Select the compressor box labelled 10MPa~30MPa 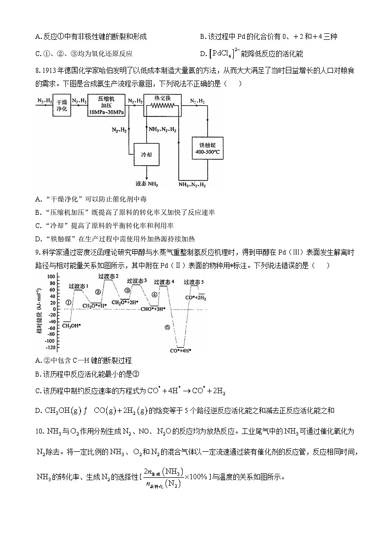(x=107, y=106)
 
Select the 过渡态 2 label (x=108, y=277)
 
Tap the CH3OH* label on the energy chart (x=72, y=325)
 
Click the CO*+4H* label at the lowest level (x=180, y=350)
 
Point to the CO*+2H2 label (x=195, y=298)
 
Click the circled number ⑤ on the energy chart (x=167, y=327)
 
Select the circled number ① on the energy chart (x=68, y=302)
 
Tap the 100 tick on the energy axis (x=51, y=277)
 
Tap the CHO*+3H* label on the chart (x=153, y=309)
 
